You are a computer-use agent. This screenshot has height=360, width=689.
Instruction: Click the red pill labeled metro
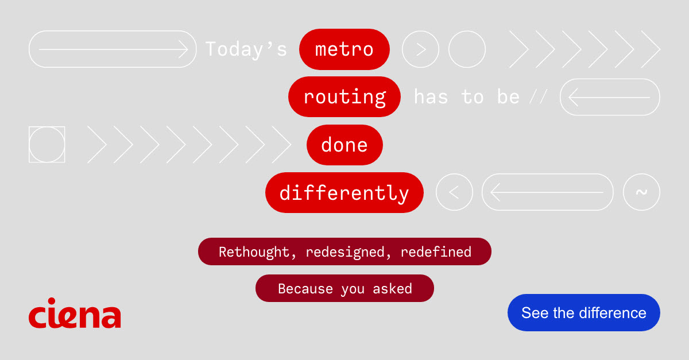pyautogui.click(x=344, y=49)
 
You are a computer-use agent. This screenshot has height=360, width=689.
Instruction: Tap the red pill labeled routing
pyautogui.click(x=344, y=97)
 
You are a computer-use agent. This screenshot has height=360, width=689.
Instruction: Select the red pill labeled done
pyautogui.click(x=344, y=145)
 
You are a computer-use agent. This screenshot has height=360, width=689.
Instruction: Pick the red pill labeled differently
pyautogui.click(x=344, y=192)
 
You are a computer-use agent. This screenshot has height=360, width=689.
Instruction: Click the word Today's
pyautogui.click(x=246, y=49)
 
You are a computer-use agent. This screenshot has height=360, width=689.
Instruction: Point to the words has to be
pyautogui.click(x=466, y=97)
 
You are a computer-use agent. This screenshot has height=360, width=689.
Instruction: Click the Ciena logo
pyautogui.click(x=75, y=313)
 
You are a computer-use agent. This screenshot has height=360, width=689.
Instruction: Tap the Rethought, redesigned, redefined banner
pyautogui.click(x=344, y=251)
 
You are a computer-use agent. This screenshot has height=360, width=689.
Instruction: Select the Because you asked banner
pyautogui.click(x=344, y=288)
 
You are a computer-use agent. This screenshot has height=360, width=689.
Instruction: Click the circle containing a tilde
pyautogui.click(x=641, y=192)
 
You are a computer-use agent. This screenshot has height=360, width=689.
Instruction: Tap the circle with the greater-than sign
pyautogui.click(x=420, y=49)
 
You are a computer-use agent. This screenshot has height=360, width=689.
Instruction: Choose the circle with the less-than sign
pyautogui.click(x=454, y=192)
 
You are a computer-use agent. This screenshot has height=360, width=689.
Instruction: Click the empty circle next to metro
pyautogui.click(x=467, y=49)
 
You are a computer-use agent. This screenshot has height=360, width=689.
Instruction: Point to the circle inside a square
pyautogui.click(x=47, y=145)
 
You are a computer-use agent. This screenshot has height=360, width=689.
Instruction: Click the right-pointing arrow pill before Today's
pyautogui.click(x=113, y=49)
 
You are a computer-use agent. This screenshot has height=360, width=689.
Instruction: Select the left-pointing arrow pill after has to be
pyautogui.click(x=610, y=97)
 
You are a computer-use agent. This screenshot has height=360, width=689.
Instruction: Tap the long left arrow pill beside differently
pyautogui.click(x=547, y=192)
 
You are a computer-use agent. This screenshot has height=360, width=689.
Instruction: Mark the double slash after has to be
pyautogui.click(x=538, y=98)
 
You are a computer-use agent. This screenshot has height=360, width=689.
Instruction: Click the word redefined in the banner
pyautogui.click(x=436, y=251)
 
